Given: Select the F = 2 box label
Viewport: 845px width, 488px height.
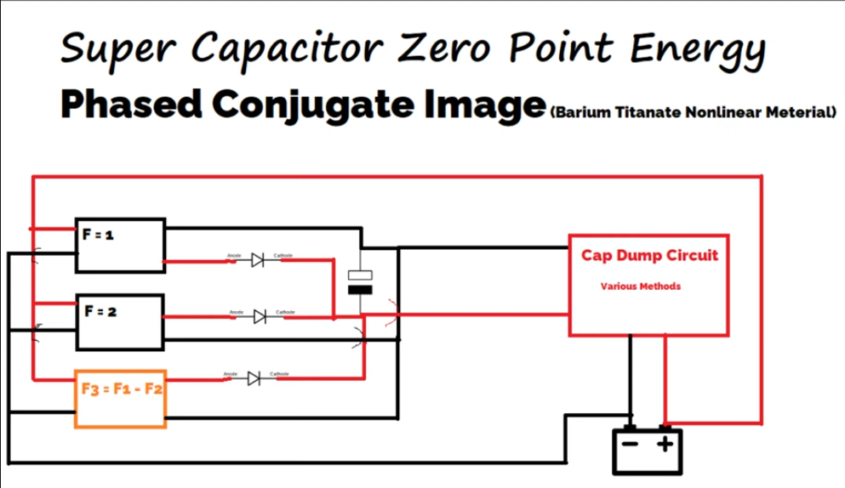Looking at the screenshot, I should [x=100, y=311].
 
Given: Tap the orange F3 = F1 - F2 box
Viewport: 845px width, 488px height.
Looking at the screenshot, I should [x=120, y=398].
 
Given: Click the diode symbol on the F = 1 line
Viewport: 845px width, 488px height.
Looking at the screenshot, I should [x=257, y=261].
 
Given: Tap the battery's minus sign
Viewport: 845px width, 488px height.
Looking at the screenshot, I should [x=631, y=444].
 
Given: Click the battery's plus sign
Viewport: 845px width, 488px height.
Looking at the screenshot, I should [x=665, y=444].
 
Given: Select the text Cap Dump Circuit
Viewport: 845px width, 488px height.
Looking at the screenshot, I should [x=649, y=255].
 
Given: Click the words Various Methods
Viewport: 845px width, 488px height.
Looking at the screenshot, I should [x=640, y=287].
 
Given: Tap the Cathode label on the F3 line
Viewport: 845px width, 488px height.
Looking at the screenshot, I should [x=279, y=374].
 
